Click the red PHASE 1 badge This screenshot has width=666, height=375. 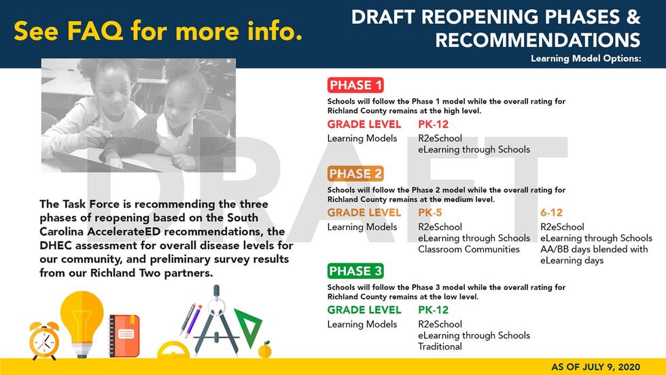pos(355,85)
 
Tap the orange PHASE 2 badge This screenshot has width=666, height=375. pos(355,174)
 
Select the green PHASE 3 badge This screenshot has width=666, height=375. pos(355,271)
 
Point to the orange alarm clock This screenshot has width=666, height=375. pos(44,340)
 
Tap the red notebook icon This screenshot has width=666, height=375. pos(124,336)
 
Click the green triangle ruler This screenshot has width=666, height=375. pos(249,327)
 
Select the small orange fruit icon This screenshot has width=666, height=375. pos(264,350)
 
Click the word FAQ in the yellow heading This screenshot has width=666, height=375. pos(95,31)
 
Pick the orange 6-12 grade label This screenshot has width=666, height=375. pos(551,212)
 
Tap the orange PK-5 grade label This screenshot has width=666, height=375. pos(430,212)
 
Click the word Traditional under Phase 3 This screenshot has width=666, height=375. pos(440,346)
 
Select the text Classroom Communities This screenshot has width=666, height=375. pos(468,249)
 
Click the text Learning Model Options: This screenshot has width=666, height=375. pos(586,59)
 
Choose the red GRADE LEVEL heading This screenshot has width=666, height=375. pos(364,124)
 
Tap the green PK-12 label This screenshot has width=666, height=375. pos(434,310)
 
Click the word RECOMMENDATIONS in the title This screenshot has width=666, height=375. pos(538,40)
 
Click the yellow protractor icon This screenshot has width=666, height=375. pos(173,350)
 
